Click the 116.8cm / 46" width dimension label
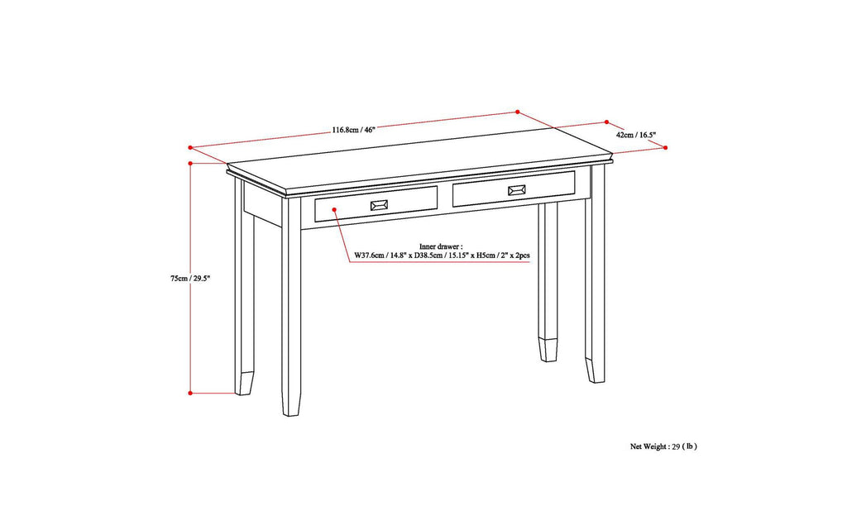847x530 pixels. [354, 130]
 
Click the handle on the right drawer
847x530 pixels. [517, 190]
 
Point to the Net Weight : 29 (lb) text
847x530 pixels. [663, 446]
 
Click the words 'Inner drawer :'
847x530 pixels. [442, 246]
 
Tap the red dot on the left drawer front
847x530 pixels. [335, 211]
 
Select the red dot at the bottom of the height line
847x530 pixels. [191, 393]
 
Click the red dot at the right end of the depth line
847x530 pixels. [666, 147]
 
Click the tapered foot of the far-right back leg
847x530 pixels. [596, 368]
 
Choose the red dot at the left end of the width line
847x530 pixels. [191, 149]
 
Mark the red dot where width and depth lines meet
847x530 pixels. [518, 112]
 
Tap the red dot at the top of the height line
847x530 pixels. [191, 164]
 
